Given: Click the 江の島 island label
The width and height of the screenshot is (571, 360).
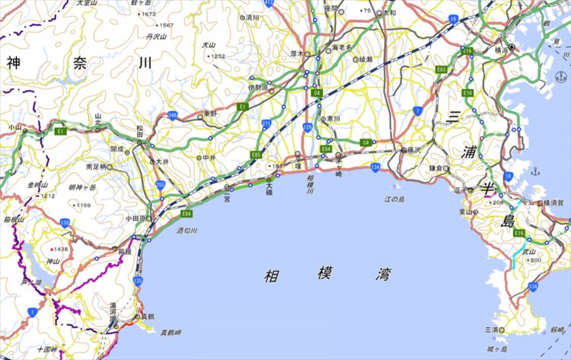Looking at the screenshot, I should click(x=397, y=199).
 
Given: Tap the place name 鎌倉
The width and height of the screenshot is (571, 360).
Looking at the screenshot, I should click(x=436, y=167).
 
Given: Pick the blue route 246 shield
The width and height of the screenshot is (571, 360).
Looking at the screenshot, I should click(x=173, y=115).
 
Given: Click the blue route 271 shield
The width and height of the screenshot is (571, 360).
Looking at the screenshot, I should click(x=266, y=123).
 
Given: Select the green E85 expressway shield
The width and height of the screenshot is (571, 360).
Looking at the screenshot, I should click(x=256, y=155).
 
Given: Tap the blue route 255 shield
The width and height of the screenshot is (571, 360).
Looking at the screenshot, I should click(x=160, y=184).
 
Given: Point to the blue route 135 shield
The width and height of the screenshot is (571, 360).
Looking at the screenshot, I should click(x=137, y=281).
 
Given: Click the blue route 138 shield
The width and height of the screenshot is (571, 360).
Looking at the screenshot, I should click(x=65, y=222).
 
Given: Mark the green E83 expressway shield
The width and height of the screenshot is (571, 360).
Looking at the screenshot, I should click(x=441, y=69).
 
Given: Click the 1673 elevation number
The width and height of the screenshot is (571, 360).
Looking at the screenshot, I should click(x=148, y=14).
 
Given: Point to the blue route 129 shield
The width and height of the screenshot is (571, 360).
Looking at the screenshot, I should click(x=307, y=126).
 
